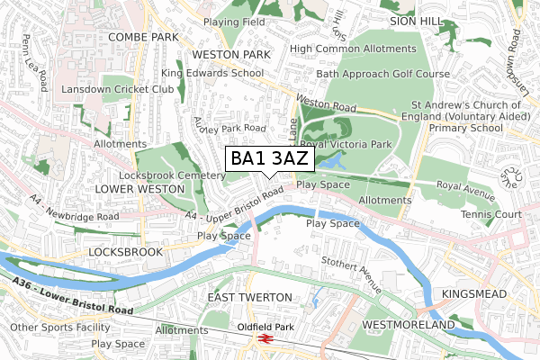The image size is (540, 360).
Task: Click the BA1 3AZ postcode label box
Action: point(269,158)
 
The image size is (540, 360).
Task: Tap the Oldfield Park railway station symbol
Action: point(265,338)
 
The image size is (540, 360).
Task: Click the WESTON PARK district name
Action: point(232,55)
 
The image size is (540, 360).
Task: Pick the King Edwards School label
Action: point(212,73)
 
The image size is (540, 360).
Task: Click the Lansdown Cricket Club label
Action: point(112,91)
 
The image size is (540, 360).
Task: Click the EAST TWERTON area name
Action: point(249,296)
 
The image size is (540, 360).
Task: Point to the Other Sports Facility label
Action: point(52,327)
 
